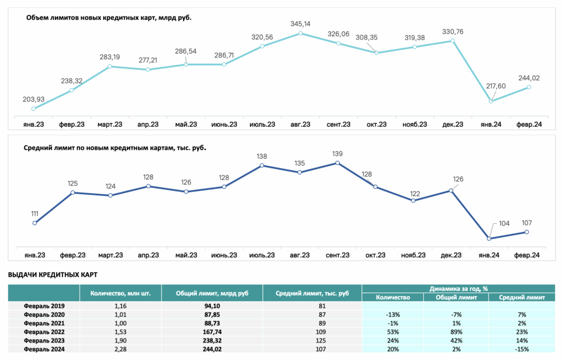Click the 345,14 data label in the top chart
(x=300, y=24)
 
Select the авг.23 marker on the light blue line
(x=300, y=33)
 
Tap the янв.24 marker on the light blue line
(x=491, y=101)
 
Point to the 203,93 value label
(x=33, y=99)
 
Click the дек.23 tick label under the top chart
(x=453, y=125)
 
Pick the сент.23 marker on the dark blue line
(x=338, y=163)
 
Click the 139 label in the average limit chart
(x=338, y=154)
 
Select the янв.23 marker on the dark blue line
(x=35, y=223)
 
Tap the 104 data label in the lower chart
(x=504, y=223)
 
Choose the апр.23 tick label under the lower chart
(x=148, y=255)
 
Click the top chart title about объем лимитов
(x=109, y=18)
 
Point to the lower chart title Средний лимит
(x=115, y=148)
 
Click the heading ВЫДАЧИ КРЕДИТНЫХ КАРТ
(x=53, y=274)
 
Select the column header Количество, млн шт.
(x=120, y=293)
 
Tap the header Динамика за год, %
(x=458, y=289)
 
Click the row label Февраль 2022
(x=44, y=332)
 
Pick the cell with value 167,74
(x=212, y=332)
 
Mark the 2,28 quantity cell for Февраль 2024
(x=120, y=349)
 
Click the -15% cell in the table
(x=521, y=349)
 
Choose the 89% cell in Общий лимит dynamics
(x=456, y=332)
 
